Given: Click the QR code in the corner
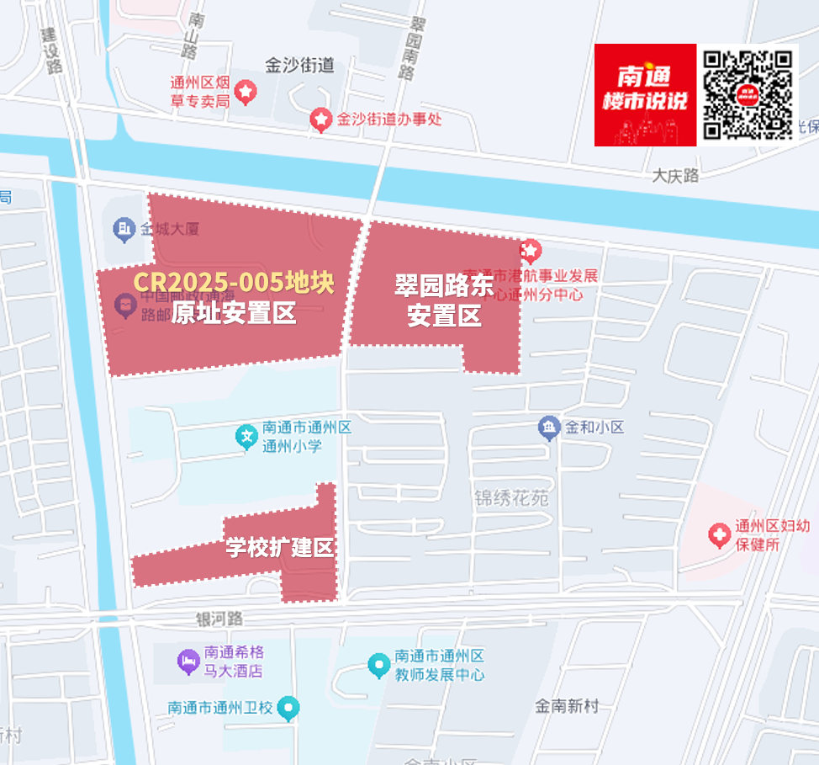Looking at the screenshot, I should pos(748,95).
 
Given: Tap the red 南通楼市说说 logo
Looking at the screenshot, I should pos(645,95).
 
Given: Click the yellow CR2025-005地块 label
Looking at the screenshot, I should pos(234,283).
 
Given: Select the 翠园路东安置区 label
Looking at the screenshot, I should pos(444,300).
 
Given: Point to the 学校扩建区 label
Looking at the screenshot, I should pos(280,548).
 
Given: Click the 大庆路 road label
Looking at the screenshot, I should pos(675,176).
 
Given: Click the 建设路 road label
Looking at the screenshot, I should pos(52,51).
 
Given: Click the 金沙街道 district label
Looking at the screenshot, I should pos(299,65).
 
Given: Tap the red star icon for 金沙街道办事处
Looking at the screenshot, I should pos(320,120).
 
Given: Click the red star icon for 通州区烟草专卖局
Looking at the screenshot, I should pos(246,90).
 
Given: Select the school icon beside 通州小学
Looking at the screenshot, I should pos(246,436).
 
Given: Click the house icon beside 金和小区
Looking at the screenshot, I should pos(549,428).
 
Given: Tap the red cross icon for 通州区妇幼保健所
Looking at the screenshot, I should pos(719,534).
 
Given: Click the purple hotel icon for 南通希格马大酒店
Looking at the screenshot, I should pos(188,661).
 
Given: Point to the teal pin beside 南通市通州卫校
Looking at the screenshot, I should pos(288,708).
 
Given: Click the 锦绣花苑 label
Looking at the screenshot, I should pos(511,498).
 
